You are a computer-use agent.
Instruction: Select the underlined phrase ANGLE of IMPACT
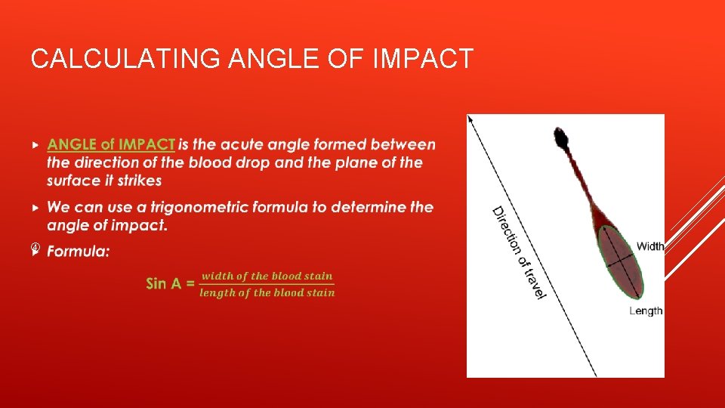(111, 144)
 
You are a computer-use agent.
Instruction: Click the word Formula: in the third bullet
(78, 251)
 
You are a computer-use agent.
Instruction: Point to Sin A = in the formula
(170, 284)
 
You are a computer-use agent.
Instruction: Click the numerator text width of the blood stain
(267, 276)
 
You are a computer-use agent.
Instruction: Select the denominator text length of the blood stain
(267, 293)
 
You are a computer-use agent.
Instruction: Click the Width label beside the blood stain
(650, 246)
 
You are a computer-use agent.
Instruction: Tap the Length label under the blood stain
(646, 311)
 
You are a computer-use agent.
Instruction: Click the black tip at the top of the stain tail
(560, 137)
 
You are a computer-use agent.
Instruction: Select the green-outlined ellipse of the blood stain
(621, 261)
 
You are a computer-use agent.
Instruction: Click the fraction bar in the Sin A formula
(267, 285)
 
